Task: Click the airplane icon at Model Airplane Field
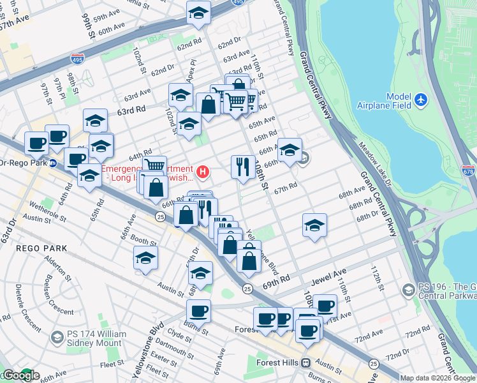420,100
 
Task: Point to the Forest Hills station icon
305,363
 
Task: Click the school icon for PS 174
57,336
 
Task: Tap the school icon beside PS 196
407,290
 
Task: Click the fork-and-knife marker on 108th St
242,167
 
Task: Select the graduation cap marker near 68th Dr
314,225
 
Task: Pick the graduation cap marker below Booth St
145,259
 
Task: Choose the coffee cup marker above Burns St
199,311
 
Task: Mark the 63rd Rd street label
131,109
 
